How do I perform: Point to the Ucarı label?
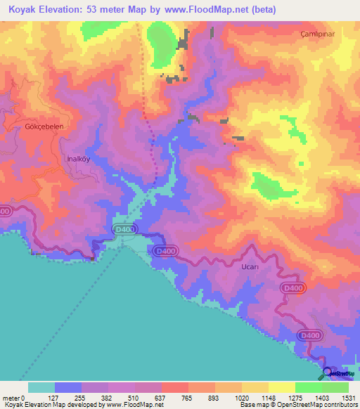[231, 268]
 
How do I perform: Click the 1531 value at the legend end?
[349, 397]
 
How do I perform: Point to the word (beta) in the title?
[258, 10]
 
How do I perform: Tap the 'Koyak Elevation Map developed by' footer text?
[51, 405]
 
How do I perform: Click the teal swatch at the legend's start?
[41, 387]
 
